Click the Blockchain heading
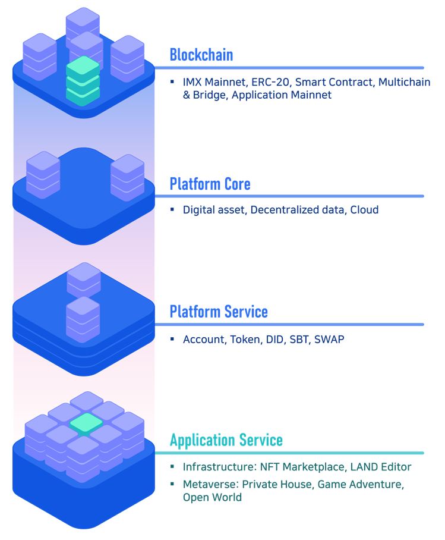(201, 55)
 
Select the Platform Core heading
(210, 184)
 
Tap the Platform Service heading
(219, 312)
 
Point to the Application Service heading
(226, 440)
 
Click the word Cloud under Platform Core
(364, 210)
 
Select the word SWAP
(329, 340)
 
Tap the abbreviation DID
(274, 340)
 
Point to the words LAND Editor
(381, 467)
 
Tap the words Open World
(212, 497)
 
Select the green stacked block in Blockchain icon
(83, 81)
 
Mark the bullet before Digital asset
(172, 209)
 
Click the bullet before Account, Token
(172, 339)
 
